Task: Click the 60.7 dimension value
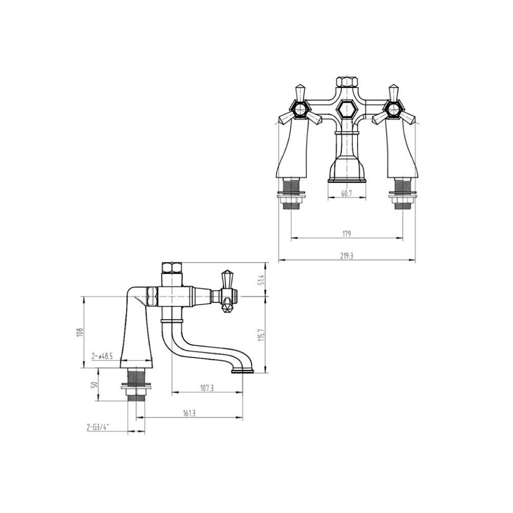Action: click(346, 193)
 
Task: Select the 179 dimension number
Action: click(346, 234)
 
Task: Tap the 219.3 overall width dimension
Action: click(346, 256)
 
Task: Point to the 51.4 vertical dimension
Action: click(261, 280)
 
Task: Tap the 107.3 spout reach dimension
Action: click(206, 389)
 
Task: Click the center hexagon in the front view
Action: click(346, 109)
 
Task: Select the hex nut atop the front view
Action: click(346, 83)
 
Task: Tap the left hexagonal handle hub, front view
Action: click(299, 109)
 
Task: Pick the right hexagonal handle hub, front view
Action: click(393, 109)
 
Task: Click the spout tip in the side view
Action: click(243, 369)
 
